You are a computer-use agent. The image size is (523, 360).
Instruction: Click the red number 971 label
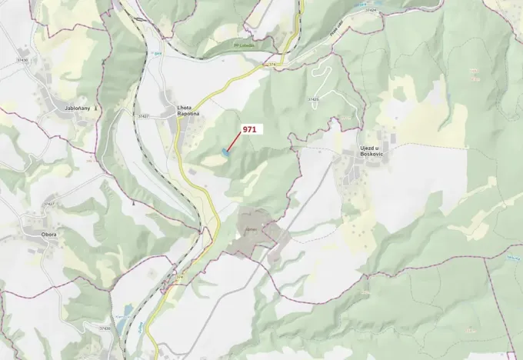click(x=249, y=130)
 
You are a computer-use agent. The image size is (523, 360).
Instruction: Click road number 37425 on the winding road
click(x=313, y=99)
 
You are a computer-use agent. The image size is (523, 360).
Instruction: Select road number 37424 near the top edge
click(x=372, y=11)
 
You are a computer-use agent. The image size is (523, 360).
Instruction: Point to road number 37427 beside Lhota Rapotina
click(x=143, y=116)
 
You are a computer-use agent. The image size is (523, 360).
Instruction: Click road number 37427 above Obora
click(x=50, y=204)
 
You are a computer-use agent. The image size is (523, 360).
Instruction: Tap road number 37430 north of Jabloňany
click(x=21, y=60)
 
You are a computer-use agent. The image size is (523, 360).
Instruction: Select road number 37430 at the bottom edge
click(x=104, y=328)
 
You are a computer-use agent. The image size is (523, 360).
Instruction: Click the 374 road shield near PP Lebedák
click(x=270, y=66)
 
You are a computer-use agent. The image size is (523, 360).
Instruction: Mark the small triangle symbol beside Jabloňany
click(x=95, y=109)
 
